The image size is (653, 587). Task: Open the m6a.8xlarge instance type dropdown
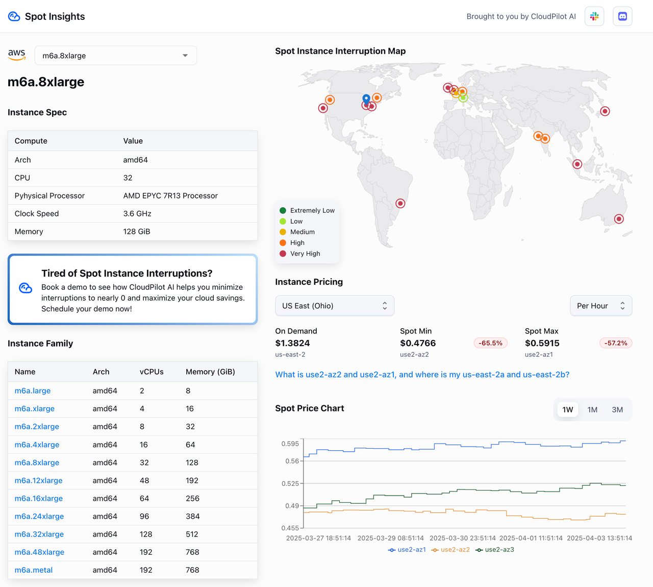point(115,56)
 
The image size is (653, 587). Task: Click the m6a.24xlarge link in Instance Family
point(39,516)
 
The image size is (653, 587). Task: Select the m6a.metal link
point(34,570)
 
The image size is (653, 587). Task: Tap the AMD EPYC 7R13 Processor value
point(170,195)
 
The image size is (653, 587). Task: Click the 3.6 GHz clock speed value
point(137,213)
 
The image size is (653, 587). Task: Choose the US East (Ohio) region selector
point(334,306)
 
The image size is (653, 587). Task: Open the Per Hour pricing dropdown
point(600,306)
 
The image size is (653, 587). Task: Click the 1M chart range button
point(592,409)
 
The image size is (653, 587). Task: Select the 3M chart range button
point(617,409)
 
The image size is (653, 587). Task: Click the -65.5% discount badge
point(490,343)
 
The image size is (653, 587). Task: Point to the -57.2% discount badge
point(616,343)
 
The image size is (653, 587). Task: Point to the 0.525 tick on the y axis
point(290,483)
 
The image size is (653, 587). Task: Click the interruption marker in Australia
point(619,219)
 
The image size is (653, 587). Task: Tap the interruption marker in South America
point(400,203)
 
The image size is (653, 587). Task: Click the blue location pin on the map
point(366,98)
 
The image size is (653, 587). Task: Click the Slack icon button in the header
point(594,16)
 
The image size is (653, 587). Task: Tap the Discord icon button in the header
point(622,16)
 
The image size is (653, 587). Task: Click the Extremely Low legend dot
point(283,210)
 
